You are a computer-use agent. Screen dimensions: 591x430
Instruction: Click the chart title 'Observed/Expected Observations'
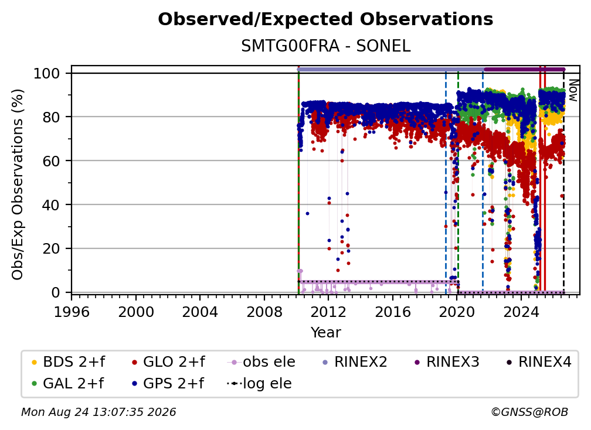325,19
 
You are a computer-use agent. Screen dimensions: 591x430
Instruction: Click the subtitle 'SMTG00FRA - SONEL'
325,46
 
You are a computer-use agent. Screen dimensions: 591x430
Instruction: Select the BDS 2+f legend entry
69,362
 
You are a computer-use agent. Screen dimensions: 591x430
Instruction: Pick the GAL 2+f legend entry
68,384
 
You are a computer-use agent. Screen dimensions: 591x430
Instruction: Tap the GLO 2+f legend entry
168,362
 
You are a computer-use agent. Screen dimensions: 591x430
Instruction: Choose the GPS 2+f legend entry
168,384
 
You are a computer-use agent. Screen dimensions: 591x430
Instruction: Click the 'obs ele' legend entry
261,362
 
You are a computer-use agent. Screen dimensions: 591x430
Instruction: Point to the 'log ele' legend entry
259,384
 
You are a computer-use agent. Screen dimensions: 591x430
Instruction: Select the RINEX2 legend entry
355,362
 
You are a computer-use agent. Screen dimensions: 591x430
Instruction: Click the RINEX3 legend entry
447,362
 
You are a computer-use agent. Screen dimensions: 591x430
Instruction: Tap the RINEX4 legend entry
539,362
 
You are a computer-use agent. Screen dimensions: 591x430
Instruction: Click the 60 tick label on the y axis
51,161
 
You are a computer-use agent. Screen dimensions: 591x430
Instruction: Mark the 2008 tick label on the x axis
264,312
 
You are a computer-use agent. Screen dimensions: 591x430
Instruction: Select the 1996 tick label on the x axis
72,312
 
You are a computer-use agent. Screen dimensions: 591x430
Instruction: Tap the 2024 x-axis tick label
521,312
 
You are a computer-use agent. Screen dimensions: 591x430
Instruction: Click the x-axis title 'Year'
325,333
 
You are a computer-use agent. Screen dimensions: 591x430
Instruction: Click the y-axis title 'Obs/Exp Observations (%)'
18,185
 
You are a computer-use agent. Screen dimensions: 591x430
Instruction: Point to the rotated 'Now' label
573,90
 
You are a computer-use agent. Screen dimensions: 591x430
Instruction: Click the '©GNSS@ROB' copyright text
529,412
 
